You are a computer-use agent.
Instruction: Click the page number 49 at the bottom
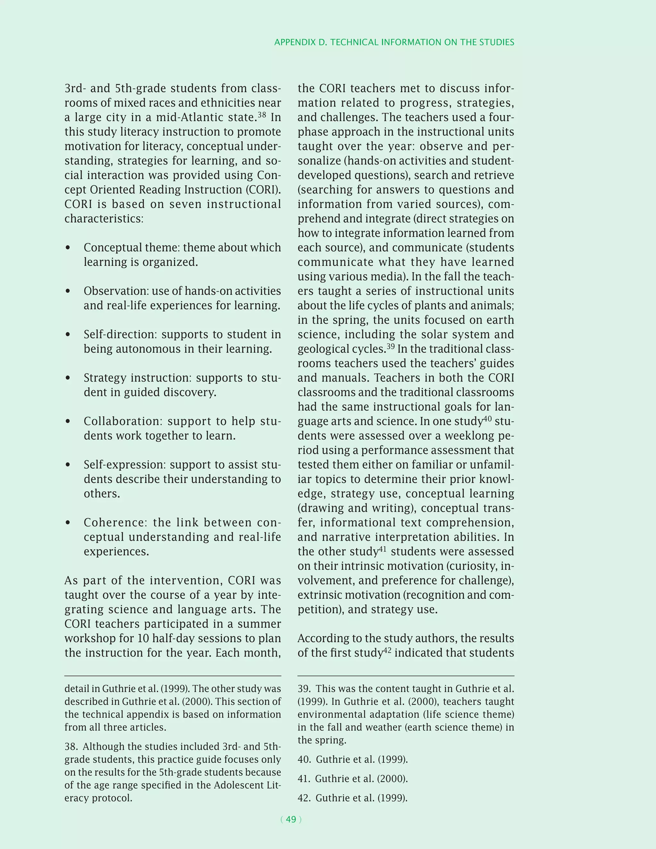coord(291,820)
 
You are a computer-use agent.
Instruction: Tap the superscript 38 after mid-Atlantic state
coord(262,115)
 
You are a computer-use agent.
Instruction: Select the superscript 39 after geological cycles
coord(390,346)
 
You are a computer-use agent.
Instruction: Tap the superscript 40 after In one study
coord(487,419)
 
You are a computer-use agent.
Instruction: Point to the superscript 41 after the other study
coord(383,549)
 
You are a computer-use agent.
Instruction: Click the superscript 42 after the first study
coord(388,650)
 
